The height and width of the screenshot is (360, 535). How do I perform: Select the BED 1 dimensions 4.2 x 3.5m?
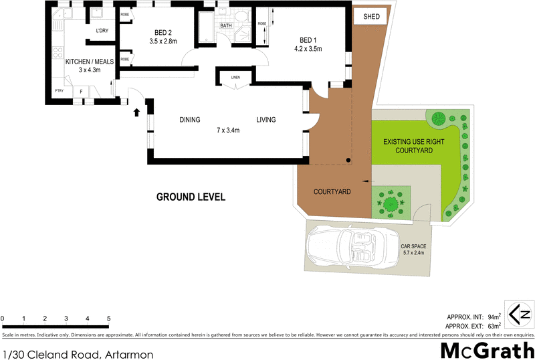pos(308,49)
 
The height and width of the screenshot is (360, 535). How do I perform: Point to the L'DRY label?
pos(102,31)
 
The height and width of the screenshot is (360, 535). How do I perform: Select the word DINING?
pos(190,120)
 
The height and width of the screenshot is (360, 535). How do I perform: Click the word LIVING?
pos(266,120)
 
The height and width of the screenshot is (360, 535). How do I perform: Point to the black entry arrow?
pos(137,111)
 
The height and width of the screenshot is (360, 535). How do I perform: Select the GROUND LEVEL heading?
pos(191,197)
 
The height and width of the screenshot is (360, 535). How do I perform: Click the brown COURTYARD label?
pos(332,192)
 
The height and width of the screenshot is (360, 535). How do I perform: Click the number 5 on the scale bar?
pos(108,319)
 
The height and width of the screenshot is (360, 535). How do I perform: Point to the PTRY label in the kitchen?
pos(59,91)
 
